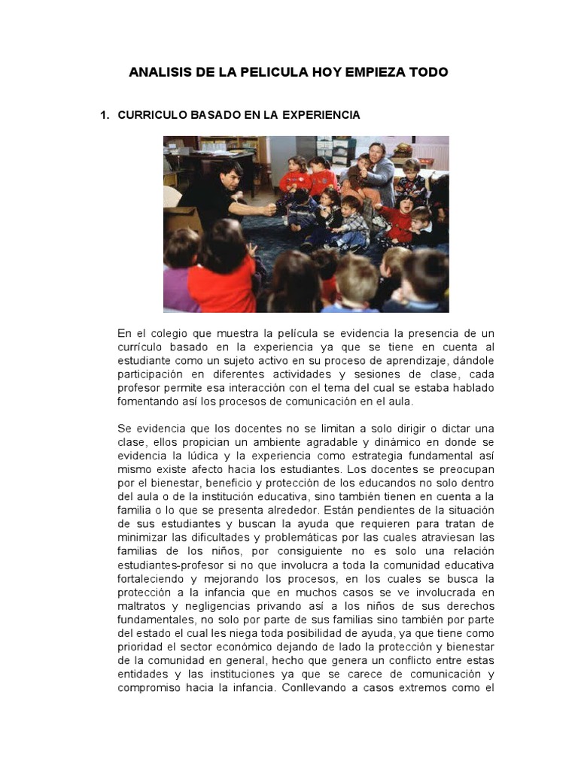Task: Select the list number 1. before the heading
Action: [105, 115]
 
